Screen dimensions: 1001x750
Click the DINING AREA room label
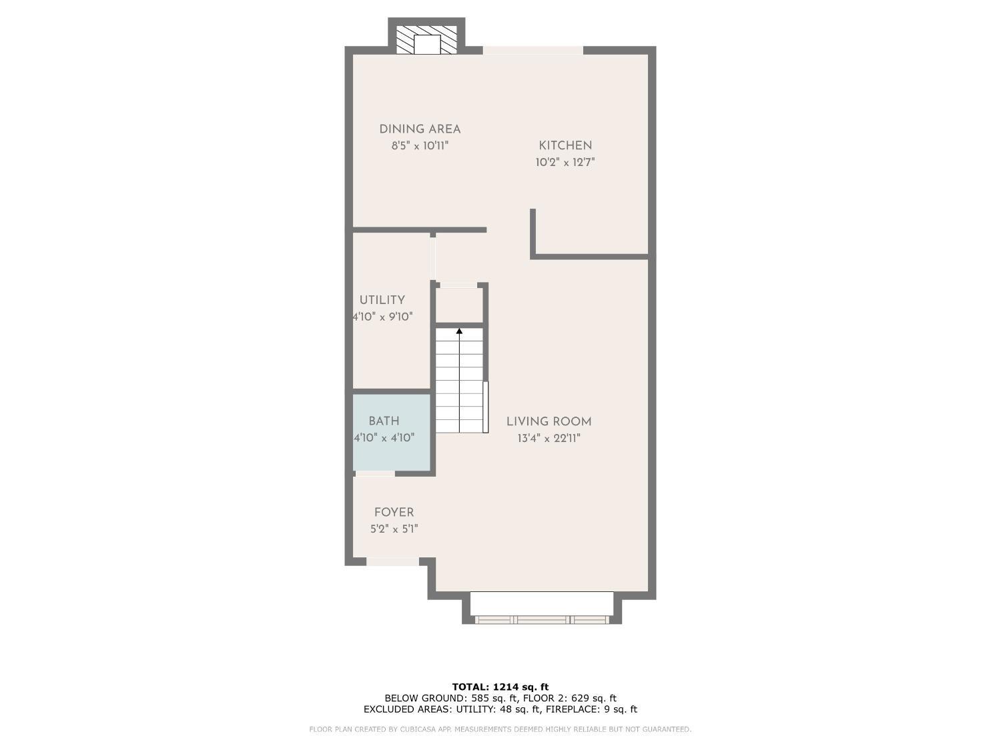pyautogui.click(x=420, y=129)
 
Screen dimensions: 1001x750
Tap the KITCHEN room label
pyautogui.click(x=565, y=146)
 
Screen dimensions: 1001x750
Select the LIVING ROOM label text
pyautogui.click(x=549, y=422)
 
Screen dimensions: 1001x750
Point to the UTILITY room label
pyautogui.click(x=382, y=300)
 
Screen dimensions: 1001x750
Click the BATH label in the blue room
pyautogui.click(x=384, y=421)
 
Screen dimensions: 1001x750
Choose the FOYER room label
pyautogui.click(x=394, y=512)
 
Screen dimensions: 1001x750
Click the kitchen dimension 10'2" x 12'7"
pyautogui.click(x=565, y=162)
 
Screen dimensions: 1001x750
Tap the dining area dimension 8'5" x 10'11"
pyautogui.click(x=420, y=146)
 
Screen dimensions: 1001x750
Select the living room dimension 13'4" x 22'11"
pyautogui.click(x=549, y=438)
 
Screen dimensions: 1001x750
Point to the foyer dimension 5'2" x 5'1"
pyautogui.click(x=394, y=529)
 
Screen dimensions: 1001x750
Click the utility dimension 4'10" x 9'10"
pyautogui.click(x=383, y=317)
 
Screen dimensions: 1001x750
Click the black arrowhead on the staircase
pyautogui.click(x=459, y=331)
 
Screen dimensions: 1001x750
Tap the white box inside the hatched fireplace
pyautogui.click(x=427, y=44)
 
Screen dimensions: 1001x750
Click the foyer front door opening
pyautogui.click(x=392, y=561)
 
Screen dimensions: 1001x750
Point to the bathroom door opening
pyautogui.click(x=375, y=473)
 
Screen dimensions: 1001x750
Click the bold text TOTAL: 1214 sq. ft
pyautogui.click(x=500, y=687)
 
